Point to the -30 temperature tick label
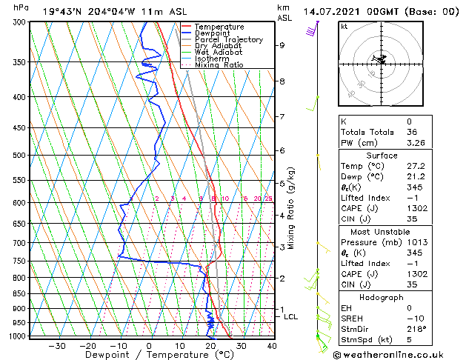click(x=57, y=345)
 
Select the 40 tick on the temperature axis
click(x=272, y=345)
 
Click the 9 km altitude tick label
click(x=282, y=45)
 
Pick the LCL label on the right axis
click(x=291, y=317)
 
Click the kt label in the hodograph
click(x=344, y=26)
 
